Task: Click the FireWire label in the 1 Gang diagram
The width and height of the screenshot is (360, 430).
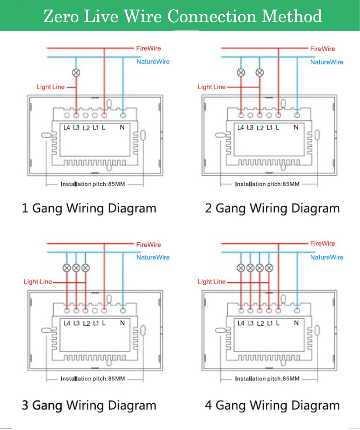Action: click(x=149, y=48)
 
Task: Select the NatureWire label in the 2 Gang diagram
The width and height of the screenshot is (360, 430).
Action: click(x=327, y=62)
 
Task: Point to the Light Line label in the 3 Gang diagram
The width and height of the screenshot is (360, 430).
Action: click(x=38, y=282)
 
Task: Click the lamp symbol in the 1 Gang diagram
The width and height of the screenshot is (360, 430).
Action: click(x=76, y=73)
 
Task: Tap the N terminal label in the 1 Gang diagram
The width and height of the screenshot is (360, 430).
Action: click(x=122, y=127)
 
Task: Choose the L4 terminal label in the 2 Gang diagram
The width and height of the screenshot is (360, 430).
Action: click(x=240, y=127)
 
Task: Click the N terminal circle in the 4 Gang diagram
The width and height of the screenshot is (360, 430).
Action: click(x=297, y=310)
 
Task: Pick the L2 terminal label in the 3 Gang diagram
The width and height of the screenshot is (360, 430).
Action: click(x=86, y=324)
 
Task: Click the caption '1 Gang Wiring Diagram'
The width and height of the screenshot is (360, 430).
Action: click(x=89, y=208)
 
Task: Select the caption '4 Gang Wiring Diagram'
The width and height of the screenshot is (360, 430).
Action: click(x=272, y=405)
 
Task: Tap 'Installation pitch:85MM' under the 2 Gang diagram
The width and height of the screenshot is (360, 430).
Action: click(x=267, y=184)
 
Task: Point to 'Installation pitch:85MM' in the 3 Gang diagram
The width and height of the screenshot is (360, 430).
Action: click(x=93, y=379)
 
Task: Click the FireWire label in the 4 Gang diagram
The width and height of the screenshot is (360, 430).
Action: click(x=323, y=243)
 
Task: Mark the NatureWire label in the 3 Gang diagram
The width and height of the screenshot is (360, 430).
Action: click(x=153, y=257)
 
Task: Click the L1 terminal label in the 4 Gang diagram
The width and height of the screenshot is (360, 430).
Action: click(x=270, y=323)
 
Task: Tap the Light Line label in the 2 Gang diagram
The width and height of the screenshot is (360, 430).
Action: click(x=212, y=87)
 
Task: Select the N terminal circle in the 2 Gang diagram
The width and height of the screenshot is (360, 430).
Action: click(x=297, y=115)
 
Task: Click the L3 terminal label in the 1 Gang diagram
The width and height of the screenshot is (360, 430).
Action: click(x=76, y=127)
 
